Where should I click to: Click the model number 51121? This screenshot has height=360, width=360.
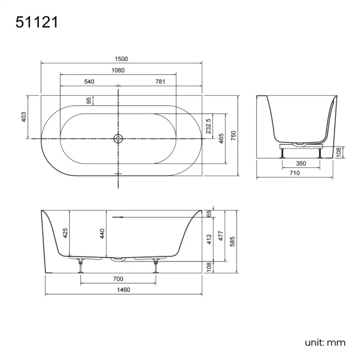click(36, 23)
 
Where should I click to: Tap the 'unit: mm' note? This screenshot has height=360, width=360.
click(325, 342)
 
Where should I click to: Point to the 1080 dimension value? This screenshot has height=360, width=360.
click(118, 70)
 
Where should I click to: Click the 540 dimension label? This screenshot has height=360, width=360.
click(89, 81)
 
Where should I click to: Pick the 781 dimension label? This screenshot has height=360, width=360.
click(160, 81)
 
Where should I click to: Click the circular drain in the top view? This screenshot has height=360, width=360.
click(118, 138)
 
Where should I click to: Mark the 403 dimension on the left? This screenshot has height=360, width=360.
click(24, 117)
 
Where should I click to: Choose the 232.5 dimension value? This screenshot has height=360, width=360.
click(208, 126)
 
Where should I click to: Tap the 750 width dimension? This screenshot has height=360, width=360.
click(234, 135)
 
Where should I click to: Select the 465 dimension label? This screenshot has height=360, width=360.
click(221, 138)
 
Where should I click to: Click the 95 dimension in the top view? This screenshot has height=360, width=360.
click(89, 100)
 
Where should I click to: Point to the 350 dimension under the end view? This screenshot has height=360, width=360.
click(301, 163)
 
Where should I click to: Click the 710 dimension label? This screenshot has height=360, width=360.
click(294, 173)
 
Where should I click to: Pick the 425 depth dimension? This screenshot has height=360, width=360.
click(65, 233)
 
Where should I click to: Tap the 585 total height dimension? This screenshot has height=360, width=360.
click(234, 241)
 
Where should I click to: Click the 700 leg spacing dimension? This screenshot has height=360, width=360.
click(118, 279)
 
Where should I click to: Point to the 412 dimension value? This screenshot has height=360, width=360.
click(209, 239)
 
